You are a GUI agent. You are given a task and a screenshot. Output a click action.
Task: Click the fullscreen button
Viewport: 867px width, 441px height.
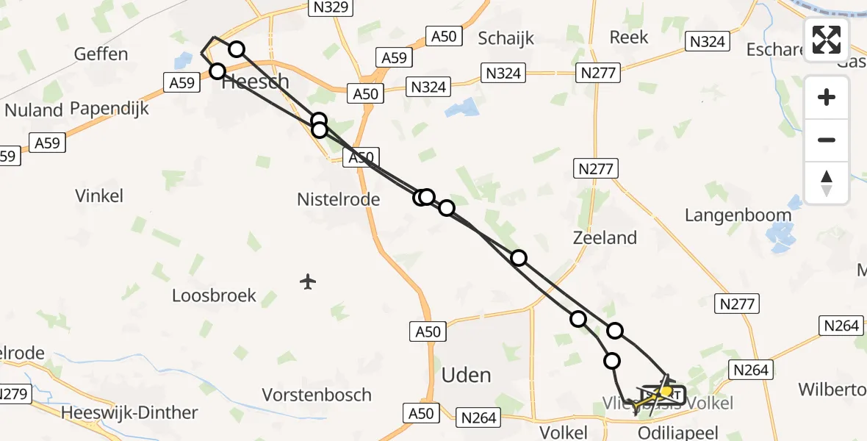[x=827, y=40]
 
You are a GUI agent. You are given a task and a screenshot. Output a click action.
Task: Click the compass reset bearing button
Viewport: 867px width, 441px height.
[x=827, y=183]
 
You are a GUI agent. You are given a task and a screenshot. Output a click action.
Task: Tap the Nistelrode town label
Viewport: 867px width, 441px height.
[x=338, y=199]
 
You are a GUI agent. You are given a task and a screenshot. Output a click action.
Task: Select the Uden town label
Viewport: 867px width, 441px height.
[x=466, y=375]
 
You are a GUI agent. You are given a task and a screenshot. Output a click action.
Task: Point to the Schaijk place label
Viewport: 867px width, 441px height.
[x=506, y=38]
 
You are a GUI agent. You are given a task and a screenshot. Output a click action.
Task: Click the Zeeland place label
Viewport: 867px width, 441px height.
[x=605, y=237]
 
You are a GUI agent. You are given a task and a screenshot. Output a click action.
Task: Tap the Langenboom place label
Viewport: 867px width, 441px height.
[x=738, y=215]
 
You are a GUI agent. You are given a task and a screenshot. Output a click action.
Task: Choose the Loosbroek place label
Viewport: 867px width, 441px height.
[x=214, y=295]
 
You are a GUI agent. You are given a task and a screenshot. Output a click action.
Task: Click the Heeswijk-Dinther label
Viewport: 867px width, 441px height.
[x=130, y=412]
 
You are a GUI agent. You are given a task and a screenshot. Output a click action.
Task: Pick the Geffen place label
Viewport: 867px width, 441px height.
[x=101, y=54]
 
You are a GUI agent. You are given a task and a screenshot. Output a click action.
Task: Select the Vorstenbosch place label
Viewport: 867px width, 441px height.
[x=317, y=395]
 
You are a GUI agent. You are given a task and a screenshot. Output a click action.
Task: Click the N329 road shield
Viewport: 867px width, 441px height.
[x=329, y=8]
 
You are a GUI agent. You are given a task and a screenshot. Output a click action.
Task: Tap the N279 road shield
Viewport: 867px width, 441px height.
[x=14, y=395]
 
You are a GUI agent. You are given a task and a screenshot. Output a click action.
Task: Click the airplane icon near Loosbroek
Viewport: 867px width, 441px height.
[x=309, y=281]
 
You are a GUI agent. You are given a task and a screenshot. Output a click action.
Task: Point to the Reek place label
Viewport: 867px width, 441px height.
[x=629, y=37]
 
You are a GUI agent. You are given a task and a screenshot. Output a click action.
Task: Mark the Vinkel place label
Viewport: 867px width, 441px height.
[x=99, y=196]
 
